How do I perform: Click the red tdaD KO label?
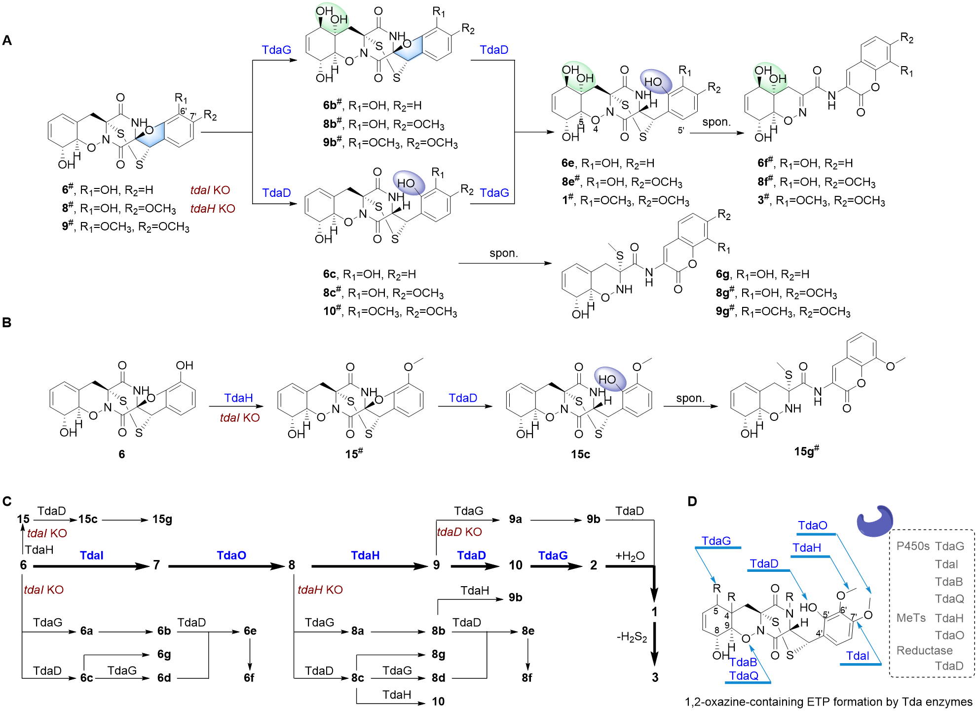[x=459, y=532]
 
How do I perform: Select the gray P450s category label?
[x=912, y=546]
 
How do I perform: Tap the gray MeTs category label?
[x=911, y=618]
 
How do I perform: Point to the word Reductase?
[x=924, y=650]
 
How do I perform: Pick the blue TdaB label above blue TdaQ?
[x=743, y=662]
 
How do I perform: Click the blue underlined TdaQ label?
[x=744, y=675]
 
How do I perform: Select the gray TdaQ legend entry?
[x=949, y=599]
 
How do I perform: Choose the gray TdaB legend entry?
[x=948, y=582]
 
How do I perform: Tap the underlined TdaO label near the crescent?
[x=813, y=525]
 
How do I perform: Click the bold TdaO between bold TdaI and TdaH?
[x=231, y=555]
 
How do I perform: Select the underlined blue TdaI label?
[x=858, y=656]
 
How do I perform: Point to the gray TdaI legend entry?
[x=946, y=564]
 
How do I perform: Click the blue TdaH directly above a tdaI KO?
[x=238, y=398]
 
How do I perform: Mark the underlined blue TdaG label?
[x=716, y=541]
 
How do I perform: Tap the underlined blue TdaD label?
[x=764, y=563]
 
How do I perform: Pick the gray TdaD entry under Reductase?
[x=949, y=666]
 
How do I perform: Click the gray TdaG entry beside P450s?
[x=949, y=546]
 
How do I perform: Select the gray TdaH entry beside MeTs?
[x=949, y=618]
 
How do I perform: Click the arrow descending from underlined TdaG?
[x=706, y=566]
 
